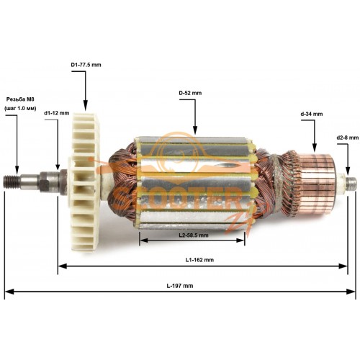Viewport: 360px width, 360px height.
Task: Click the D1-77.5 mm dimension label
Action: (86, 65)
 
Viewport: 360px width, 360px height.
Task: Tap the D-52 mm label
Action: (190, 93)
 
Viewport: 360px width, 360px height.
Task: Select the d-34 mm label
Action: (312, 114)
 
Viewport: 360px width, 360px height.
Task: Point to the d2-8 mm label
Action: (348, 138)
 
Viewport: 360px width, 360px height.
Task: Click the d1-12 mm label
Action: (57, 113)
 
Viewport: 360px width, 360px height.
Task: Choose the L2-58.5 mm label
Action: (194, 235)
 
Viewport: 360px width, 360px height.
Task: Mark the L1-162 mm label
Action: (199, 260)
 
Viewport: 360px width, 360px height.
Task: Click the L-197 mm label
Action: (180, 286)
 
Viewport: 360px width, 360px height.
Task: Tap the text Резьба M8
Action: (20, 99)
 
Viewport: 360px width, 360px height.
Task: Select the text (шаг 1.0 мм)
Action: (20, 109)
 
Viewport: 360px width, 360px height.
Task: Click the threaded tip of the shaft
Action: (12, 182)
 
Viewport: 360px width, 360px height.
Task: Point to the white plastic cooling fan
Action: (84, 182)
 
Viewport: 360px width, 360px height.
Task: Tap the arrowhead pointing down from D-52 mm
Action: (195, 131)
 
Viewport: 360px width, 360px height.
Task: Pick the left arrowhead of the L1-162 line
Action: (63, 266)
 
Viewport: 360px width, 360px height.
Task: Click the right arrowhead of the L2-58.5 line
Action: (240, 240)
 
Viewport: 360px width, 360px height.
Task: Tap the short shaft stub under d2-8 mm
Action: (351, 183)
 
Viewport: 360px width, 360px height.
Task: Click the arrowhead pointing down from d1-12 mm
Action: (58, 166)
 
